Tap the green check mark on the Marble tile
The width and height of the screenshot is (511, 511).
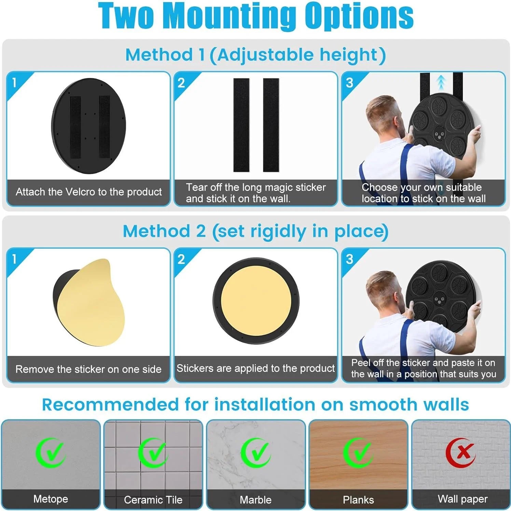255,453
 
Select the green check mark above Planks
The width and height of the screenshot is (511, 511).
358,453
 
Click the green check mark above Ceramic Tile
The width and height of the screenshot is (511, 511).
153,453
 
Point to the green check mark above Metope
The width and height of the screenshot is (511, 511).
51,453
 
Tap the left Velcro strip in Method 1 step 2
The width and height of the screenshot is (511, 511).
241,125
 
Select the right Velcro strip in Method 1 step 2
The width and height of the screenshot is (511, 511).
271,125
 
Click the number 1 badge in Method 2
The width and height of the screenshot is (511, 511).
14,259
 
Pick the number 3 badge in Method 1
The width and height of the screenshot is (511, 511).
349,83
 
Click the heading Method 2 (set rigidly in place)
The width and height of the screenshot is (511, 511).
255,231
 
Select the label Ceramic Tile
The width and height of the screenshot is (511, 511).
153,500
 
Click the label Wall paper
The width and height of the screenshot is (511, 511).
462,499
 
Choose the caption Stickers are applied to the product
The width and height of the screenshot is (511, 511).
255,368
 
